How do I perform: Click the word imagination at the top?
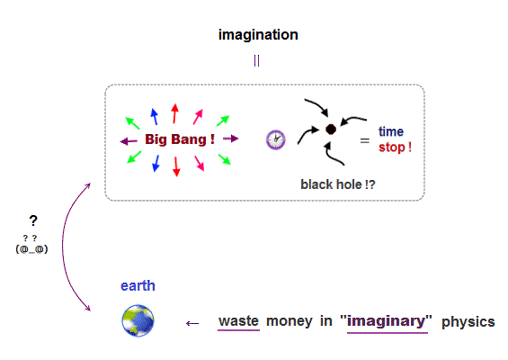258,35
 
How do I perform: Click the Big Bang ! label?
180,139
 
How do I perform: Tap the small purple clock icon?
276,139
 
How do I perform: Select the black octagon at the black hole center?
331,129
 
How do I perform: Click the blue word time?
391,131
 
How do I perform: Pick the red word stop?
392,148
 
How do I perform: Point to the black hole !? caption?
338,184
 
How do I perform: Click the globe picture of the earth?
138,320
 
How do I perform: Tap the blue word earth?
138,286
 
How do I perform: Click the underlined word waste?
239,321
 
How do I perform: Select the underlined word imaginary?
387,321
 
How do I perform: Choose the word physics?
468,322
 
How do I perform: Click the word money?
290,321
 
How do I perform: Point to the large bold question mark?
33,220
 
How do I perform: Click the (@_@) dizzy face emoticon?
31,249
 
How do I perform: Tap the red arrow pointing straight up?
175,113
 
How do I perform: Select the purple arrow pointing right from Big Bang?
231,139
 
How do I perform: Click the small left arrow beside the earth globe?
192,323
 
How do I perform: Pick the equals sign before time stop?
365,140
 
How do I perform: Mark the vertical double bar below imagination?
256,60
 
